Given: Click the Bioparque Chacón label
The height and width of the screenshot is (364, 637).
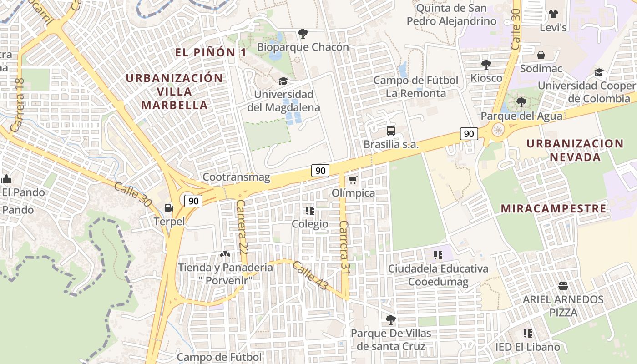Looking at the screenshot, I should (303, 47).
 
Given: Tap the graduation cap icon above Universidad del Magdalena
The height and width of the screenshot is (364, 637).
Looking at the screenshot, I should (283, 81).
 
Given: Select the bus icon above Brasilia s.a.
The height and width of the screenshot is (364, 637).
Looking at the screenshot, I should (390, 131).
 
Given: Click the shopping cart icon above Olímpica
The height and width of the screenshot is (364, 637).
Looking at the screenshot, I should (353, 180).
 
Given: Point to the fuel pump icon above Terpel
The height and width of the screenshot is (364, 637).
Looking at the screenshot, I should (169, 208).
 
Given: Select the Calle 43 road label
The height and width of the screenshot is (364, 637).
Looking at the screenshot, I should (310, 276).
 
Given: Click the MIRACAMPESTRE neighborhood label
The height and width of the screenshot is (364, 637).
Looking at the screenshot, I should (553, 209).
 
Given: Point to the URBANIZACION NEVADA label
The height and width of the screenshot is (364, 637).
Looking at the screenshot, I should (575, 150).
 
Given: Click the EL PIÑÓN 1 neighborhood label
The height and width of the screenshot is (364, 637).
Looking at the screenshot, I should (211, 52).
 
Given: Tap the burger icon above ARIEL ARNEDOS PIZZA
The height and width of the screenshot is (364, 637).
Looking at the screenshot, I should (563, 286).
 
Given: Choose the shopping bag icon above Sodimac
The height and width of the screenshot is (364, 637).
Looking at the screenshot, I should (541, 55).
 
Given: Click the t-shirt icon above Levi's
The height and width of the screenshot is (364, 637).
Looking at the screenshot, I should (553, 14).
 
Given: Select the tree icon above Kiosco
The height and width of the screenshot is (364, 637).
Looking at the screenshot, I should (486, 64).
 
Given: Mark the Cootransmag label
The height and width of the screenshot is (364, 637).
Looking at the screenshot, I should (236, 177).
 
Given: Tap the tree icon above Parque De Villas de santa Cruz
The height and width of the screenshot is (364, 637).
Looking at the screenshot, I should (390, 319).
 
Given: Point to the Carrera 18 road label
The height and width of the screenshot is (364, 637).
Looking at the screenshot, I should (19, 105).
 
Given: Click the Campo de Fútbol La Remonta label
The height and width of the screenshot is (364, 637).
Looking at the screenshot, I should (416, 87).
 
